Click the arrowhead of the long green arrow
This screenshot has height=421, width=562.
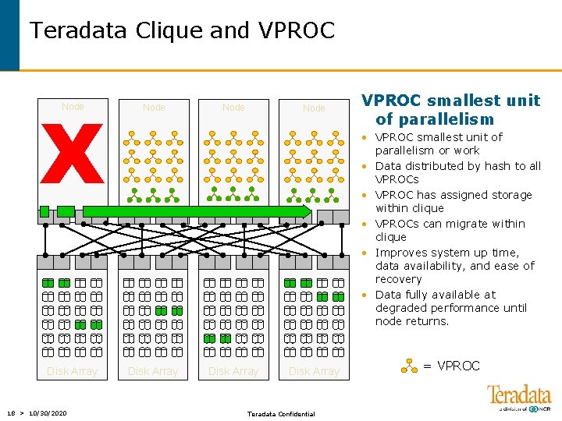click(x=305, y=211)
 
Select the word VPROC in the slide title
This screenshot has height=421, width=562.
click(x=294, y=30)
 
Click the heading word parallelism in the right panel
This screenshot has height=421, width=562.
click(x=445, y=119)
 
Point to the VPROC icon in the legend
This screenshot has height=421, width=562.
click(x=409, y=366)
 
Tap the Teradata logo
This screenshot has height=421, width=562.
click(x=519, y=396)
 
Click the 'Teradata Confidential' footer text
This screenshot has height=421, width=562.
click(x=281, y=414)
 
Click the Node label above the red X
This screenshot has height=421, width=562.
click(x=73, y=107)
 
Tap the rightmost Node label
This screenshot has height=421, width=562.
click(x=314, y=108)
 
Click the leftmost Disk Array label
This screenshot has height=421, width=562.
click(x=72, y=371)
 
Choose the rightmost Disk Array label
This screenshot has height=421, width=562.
click(x=314, y=371)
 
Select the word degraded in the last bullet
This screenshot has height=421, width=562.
click(x=400, y=308)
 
